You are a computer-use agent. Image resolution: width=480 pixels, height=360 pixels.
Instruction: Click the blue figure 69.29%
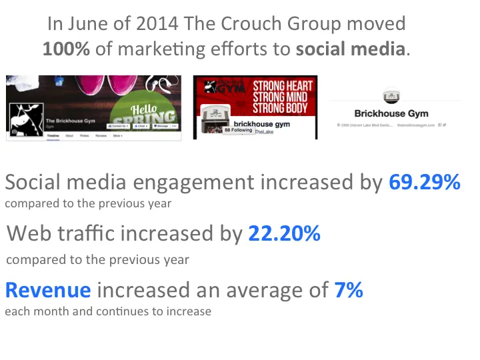424,183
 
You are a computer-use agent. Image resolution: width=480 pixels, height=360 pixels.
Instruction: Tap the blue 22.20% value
284,234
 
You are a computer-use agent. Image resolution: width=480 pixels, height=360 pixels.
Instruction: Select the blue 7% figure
348,290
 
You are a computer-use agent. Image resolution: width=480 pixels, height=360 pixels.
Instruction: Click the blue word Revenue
48,290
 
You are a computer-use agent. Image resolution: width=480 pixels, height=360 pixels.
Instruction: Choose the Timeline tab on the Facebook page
53,135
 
